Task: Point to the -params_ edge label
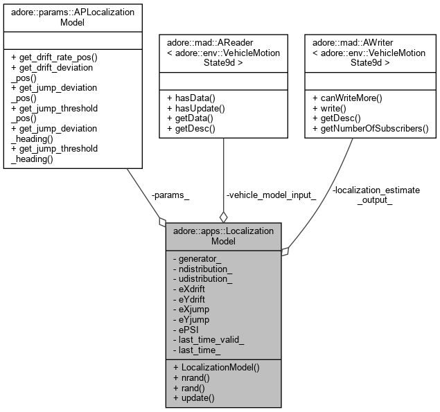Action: pos(170,195)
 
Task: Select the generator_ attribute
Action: pos(201,259)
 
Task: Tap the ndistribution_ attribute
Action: pos(206,269)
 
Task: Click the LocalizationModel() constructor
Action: pos(220,367)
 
